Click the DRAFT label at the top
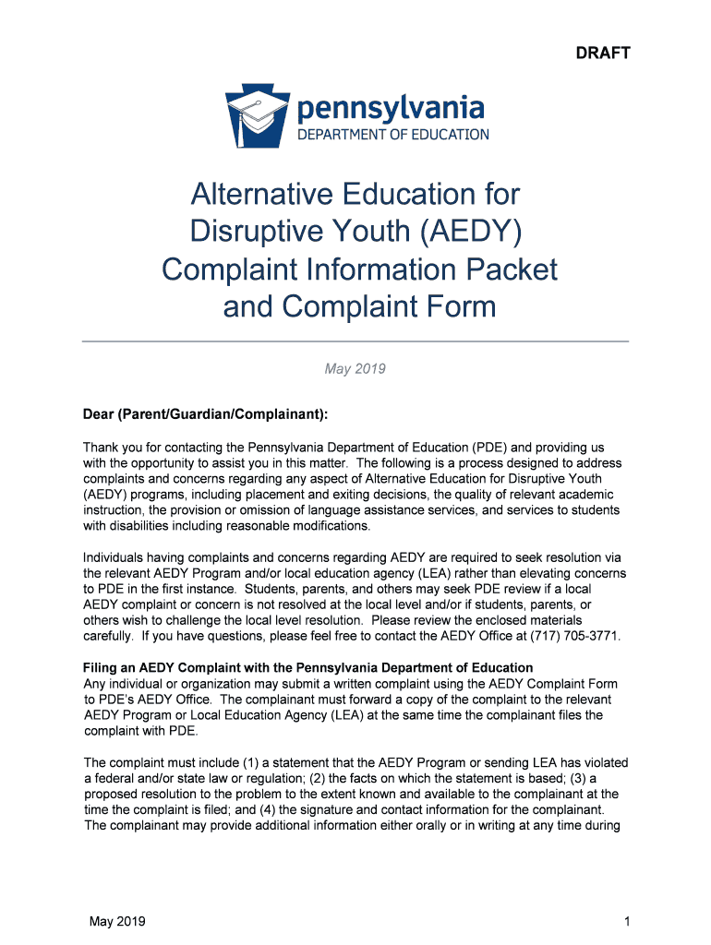click(603, 53)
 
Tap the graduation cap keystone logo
click(257, 114)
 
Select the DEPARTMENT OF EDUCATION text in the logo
click(392, 135)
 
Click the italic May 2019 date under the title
click(355, 369)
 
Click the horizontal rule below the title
click(355, 341)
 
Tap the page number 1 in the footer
click(626, 922)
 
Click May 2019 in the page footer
click(117, 922)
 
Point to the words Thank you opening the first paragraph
click(111, 448)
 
